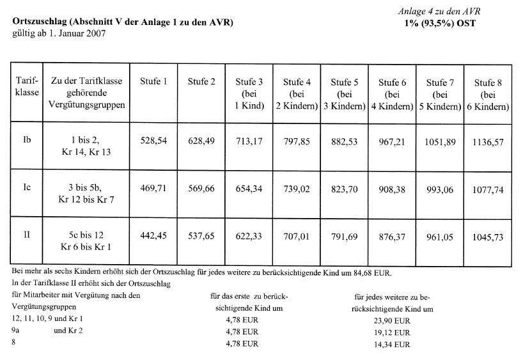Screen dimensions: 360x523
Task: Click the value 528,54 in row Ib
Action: tap(153, 141)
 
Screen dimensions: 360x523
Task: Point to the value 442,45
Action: tap(153, 236)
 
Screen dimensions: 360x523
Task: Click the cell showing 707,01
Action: tap(297, 236)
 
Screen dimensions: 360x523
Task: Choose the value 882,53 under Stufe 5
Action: tap(345, 141)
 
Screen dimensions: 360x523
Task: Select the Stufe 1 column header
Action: tap(153, 81)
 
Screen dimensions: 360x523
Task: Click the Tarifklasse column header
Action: tap(27, 87)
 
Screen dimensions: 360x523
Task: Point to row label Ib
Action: tap(27, 137)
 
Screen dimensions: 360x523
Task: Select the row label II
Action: tap(27, 235)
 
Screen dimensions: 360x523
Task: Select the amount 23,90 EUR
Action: tap(394, 320)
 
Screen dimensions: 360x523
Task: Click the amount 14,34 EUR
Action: tap(394, 345)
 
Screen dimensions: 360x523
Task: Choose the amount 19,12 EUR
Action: tap(394, 333)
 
